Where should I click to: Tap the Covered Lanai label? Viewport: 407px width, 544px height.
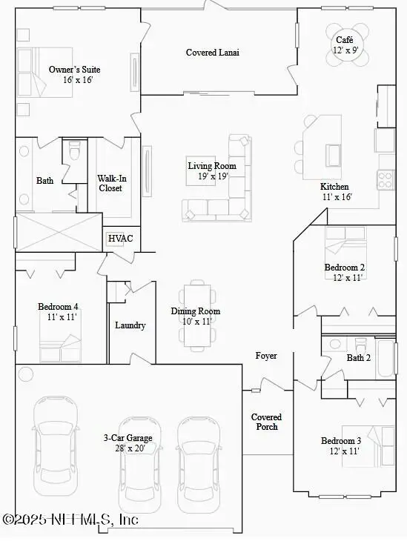(x=212, y=53)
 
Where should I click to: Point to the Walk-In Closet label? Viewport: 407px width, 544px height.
(x=110, y=183)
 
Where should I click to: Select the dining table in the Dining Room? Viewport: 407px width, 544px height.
(x=196, y=314)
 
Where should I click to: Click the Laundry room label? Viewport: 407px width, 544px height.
(x=130, y=325)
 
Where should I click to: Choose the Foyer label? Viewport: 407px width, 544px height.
(x=266, y=356)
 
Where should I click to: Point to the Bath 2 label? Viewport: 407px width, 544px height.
(x=359, y=358)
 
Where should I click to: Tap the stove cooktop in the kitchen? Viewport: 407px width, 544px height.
(x=386, y=179)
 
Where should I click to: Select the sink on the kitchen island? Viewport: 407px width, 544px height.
(x=334, y=155)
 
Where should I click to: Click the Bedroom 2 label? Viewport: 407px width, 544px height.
(x=344, y=268)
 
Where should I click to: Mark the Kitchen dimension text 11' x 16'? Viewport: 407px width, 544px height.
(x=336, y=197)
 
